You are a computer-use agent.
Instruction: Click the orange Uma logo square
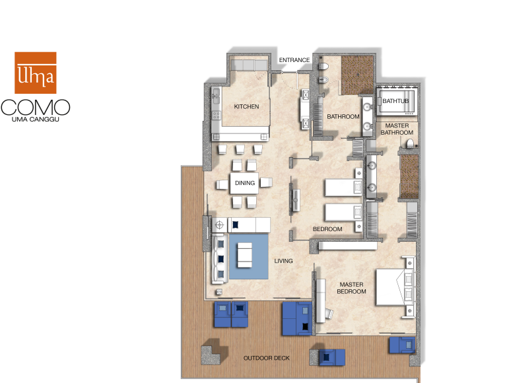point(36,73)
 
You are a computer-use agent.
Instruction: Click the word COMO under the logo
point(36,108)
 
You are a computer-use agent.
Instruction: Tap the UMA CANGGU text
point(36,120)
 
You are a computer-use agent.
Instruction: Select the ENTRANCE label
point(294,60)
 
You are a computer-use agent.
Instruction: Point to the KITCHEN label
point(246,106)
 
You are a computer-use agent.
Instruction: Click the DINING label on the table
point(245,183)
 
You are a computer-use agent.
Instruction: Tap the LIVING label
point(283,261)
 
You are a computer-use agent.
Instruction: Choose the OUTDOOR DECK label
point(267,358)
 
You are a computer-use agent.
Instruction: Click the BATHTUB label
point(395,101)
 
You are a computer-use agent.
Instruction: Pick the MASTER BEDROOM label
point(352,288)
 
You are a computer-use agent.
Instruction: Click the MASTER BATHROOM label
point(397,129)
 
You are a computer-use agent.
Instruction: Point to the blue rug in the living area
point(249,256)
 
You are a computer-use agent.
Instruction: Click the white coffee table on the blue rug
point(245,255)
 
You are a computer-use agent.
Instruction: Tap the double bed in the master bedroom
point(394,287)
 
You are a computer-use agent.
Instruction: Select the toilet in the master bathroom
point(410,143)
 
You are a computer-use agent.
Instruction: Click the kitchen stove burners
point(216,115)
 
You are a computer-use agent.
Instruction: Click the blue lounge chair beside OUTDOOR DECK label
point(332,357)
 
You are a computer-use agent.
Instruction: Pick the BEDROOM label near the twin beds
point(327,229)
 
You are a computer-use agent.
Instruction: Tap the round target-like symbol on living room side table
point(219,225)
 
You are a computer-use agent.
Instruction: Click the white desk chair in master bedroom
point(329,314)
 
